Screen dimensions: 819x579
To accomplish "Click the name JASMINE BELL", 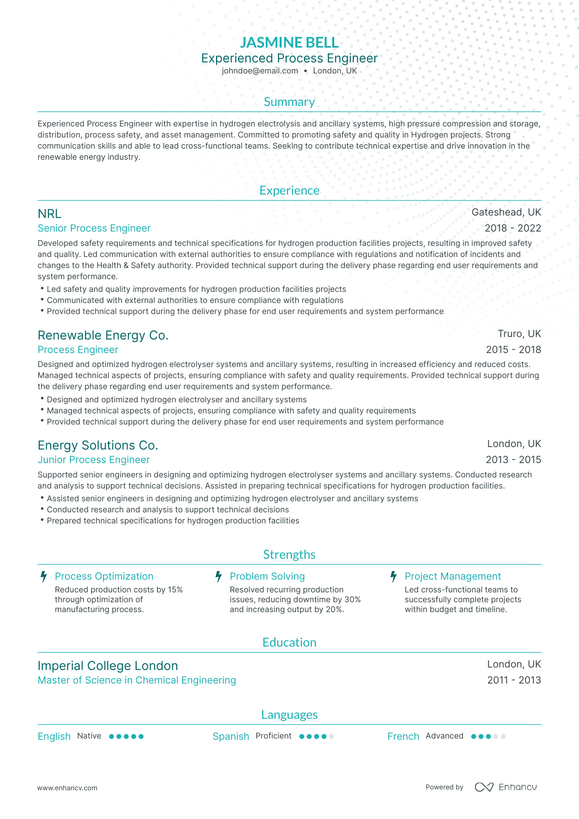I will click(289, 42).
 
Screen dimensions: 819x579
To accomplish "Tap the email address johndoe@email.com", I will click(260, 71).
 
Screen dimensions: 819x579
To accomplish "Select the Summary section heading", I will click(289, 102).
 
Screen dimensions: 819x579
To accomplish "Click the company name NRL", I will click(49, 213).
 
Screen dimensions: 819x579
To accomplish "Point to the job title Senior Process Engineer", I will click(94, 228).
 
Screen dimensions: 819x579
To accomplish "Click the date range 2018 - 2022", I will click(512, 228).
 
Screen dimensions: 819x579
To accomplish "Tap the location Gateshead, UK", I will click(506, 212).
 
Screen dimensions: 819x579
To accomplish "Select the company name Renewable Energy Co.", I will click(103, 335).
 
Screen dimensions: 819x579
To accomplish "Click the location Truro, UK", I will click(519, 333).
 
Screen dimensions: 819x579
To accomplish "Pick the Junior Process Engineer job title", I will click(94, 460).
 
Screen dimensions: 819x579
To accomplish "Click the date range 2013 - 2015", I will click(513, 460).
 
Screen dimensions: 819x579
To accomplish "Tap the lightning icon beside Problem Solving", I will click(219, 577).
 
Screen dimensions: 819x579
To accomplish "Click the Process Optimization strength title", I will click(104, 576).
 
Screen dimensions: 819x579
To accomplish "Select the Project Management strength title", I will click(453, 576).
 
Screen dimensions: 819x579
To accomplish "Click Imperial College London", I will click(108, 665).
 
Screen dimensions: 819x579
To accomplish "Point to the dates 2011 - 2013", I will click(514, 680).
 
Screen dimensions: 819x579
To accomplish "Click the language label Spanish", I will click(231, 736).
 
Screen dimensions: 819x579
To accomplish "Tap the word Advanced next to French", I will click(444, 736).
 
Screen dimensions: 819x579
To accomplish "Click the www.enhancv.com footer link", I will click(67, 788).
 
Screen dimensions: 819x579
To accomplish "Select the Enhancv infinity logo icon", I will click(484, 787).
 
